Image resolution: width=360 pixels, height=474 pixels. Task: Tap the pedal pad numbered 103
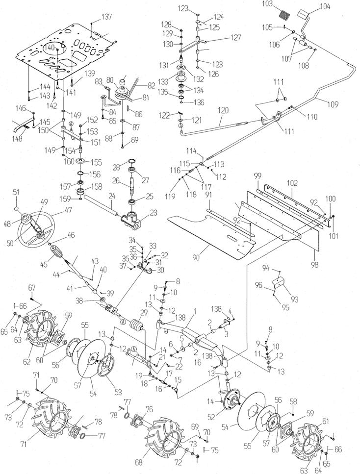tap(284, 14)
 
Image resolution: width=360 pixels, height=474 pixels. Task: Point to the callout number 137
tap(106, 17)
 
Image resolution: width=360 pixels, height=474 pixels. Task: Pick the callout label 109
tap(332, 104)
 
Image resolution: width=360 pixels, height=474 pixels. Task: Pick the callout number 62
tap(27, 362)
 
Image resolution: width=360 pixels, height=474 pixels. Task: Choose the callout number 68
tap(139, 463)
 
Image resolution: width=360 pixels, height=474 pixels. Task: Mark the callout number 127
tap(235, 37)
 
